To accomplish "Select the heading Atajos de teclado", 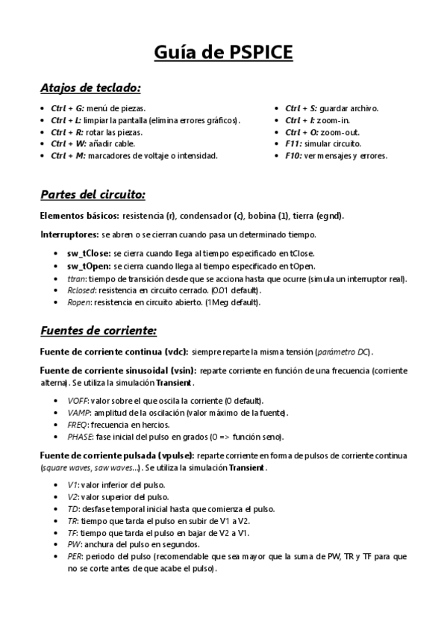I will click(x=90, y=87).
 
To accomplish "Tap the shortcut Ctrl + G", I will click(x=67, y=108).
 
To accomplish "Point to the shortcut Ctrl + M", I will click(x=68, y=156).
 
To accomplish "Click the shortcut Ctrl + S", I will click(x=301, y=108).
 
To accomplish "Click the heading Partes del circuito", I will click(x=93, y=195).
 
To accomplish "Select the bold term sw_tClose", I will click(x=89, y=253).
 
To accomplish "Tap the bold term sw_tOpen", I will click(x=88, y=265).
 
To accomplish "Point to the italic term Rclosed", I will click(x=80, y=290).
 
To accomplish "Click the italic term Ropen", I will click(x=78, y=302).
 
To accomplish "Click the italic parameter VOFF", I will click(x=77, y=401).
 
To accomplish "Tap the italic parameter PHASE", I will click(x=78, y=437).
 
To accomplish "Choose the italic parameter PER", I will click(x=73, y=556).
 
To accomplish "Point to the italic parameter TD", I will click(x=72, y=508).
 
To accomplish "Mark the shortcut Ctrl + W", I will click(x=68, y=144).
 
